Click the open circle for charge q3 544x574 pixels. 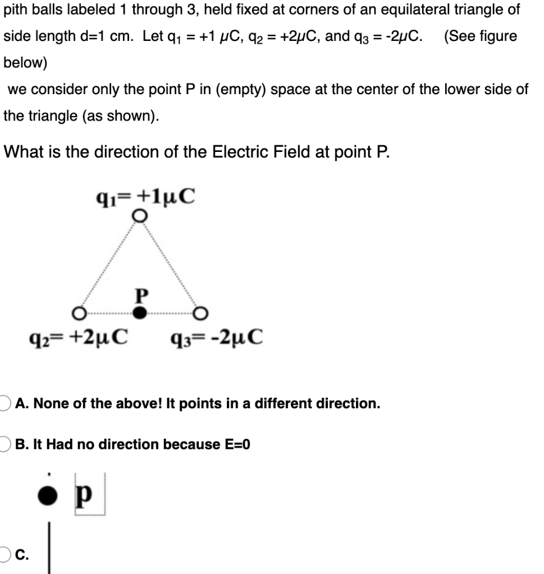[202, 312]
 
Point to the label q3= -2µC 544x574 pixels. [215, 337]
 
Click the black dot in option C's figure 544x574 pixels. [48, 496]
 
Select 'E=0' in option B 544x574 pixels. [237, 445]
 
